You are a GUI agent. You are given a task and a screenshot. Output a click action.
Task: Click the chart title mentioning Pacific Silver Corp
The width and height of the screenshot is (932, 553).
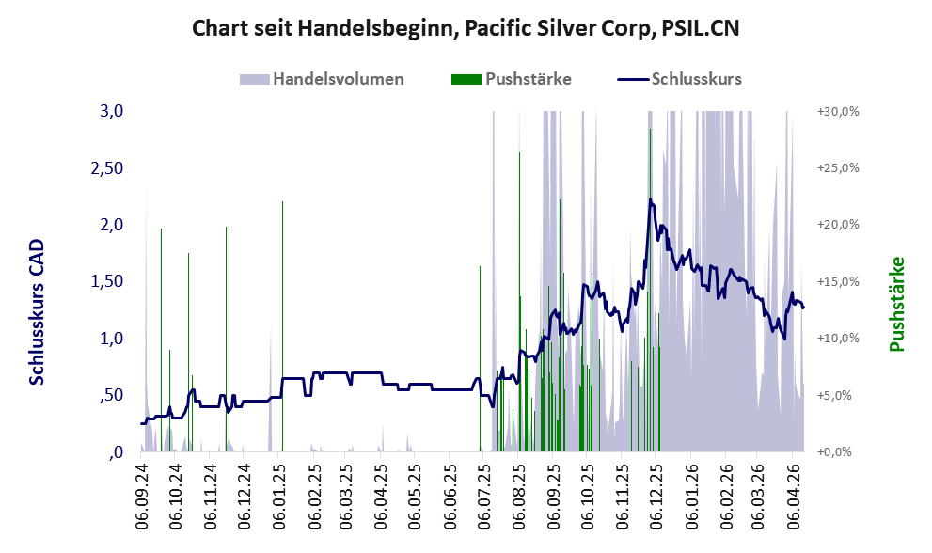pos(466,28)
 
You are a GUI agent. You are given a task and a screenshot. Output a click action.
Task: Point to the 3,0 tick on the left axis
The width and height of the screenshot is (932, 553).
pos(112,111)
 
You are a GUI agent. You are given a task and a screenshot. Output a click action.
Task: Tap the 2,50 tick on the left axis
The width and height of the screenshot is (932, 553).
pos(108,167)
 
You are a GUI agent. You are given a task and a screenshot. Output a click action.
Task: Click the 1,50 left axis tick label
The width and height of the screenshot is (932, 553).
pos(108,281)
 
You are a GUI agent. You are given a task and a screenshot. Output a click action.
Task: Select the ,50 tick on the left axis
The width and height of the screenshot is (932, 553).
pos(112,395)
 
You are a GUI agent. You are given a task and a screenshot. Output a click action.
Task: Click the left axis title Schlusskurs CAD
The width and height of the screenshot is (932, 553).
pos(37,311)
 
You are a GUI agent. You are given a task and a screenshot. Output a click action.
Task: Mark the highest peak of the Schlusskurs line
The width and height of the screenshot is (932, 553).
pos(650,199)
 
